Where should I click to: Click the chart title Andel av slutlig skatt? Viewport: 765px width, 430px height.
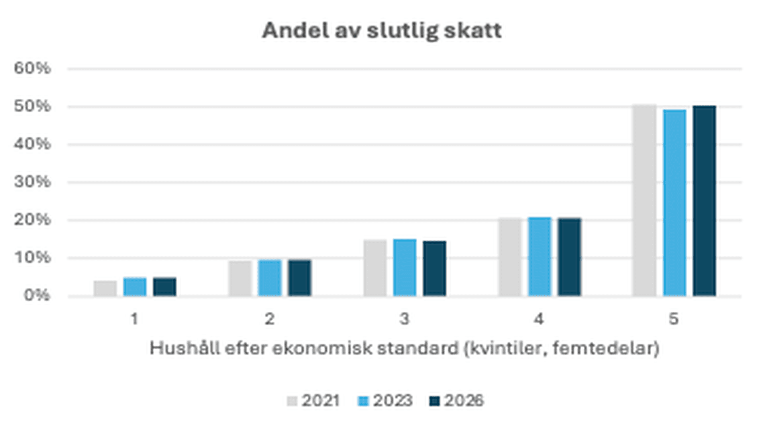pos(382,31)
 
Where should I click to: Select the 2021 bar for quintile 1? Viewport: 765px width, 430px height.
pos(105,289)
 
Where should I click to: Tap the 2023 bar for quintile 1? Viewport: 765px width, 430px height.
pos(135,287)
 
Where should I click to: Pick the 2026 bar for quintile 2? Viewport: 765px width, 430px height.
pos(300,278)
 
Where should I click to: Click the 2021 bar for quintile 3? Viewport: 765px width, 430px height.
pos(375,268)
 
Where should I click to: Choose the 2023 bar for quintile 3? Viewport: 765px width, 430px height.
pos(405,268)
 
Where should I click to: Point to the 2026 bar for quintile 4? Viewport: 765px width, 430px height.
pos(569,257)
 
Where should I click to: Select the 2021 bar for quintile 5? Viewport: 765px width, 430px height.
pos(644,200)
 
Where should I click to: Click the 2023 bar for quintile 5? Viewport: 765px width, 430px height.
pos(675,203)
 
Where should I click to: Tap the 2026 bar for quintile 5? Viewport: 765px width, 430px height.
pos(704,201)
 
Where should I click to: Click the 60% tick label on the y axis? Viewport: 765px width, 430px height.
pos(32,69)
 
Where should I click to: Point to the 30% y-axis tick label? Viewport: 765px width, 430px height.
pos(32,182)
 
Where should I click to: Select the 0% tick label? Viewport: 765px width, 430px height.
pos(37,296)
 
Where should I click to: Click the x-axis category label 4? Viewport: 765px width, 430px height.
pos(539,319)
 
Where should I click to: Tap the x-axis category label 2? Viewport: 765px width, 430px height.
pos(270,319)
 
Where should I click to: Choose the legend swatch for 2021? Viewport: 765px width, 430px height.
pos(292,401)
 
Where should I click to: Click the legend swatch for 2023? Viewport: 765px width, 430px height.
pos(363,401)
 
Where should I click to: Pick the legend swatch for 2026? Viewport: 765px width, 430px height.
pos(434,401)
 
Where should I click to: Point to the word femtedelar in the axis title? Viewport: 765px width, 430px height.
pos(605,348)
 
